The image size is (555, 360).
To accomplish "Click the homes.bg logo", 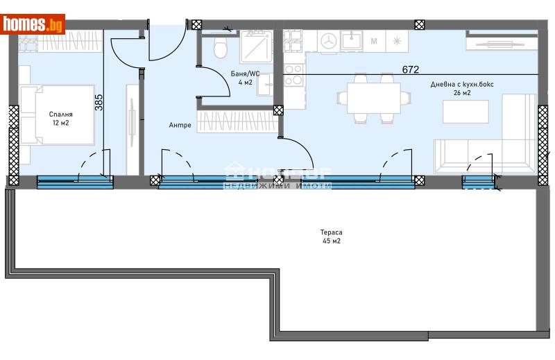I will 33,24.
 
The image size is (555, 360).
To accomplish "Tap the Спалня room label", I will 60,114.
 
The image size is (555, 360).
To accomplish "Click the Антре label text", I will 180,126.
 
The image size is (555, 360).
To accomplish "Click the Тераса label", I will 331,232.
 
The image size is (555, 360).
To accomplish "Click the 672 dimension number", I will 411,69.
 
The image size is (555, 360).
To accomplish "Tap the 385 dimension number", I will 99,103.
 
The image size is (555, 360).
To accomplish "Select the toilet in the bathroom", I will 221,48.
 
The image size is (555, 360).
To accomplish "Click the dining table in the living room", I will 368,97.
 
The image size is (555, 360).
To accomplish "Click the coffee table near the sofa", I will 466,112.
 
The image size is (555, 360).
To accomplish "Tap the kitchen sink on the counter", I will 351,42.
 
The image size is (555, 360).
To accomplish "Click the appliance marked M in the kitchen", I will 375,42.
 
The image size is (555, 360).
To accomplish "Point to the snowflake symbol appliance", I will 397,42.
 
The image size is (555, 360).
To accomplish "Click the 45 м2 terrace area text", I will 331,241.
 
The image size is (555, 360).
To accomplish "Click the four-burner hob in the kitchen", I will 293,74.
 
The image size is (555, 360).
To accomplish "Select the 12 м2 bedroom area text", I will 60,123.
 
